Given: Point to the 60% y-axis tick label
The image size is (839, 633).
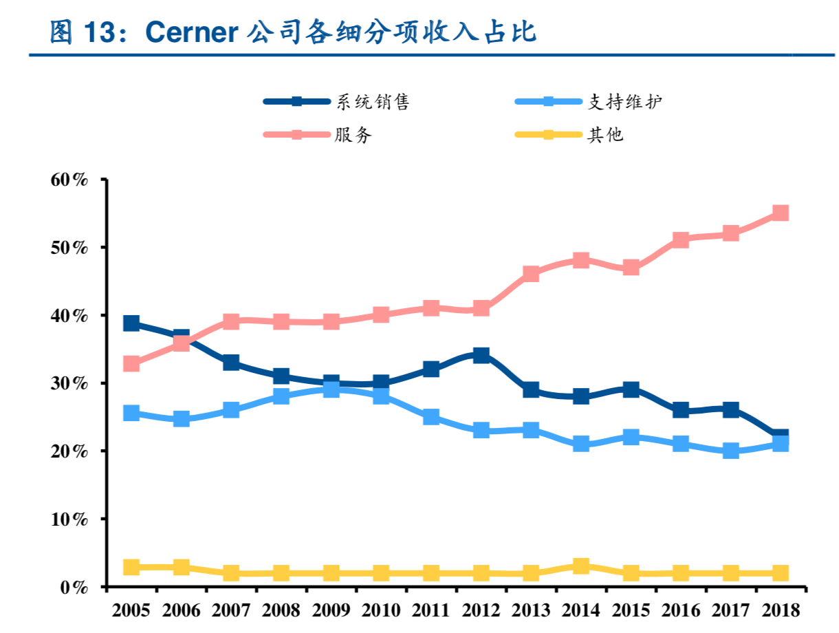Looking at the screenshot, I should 69,180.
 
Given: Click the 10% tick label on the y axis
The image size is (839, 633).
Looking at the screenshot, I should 69,519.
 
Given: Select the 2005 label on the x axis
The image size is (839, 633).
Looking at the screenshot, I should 131,610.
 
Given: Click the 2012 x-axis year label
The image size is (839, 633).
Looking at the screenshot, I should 481,610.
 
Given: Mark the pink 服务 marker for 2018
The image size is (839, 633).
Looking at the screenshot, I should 780,213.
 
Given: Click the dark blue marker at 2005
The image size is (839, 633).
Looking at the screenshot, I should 131,323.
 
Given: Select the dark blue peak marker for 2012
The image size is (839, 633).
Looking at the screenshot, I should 481,356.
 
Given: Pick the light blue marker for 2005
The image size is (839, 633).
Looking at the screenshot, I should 131,414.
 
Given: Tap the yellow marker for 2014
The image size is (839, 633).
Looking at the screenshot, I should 580,566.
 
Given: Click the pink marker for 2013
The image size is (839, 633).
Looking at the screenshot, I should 530,274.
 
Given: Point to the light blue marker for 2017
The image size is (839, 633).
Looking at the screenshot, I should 730,451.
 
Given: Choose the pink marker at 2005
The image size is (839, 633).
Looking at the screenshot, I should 131,363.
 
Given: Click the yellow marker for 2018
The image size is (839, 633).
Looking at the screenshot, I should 780,573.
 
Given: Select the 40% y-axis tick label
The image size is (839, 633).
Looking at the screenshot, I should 69,316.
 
